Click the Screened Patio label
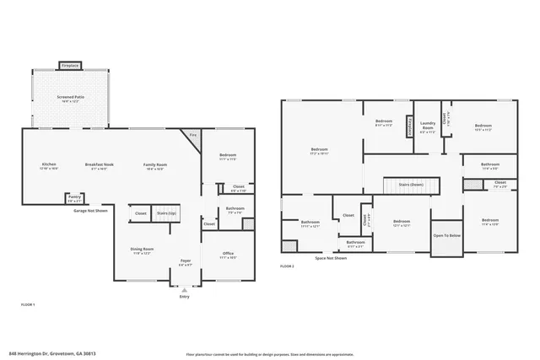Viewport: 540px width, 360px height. click(70, 98)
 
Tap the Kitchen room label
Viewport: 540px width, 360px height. click(49, 164)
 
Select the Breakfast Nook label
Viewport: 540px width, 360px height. click(99, 164)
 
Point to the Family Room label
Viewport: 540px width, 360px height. click(154, 164)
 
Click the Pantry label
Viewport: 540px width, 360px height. click(75, 197)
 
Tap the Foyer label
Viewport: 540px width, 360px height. click(186, 261)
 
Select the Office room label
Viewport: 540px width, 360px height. click(228, 254)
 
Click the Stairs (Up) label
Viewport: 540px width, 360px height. click(167, 214)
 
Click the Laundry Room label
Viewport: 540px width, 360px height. click(428, 127)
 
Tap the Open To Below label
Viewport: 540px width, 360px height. click(447, 236)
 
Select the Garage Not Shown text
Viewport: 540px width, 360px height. click(90, 210)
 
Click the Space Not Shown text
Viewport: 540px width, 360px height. click(332, 258)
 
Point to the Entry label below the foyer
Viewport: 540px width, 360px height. click(185, 297)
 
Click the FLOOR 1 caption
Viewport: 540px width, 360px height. click(28, 304)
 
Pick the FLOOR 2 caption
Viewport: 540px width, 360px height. click(287, 266)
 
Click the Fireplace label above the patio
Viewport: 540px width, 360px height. click(70, 65)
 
